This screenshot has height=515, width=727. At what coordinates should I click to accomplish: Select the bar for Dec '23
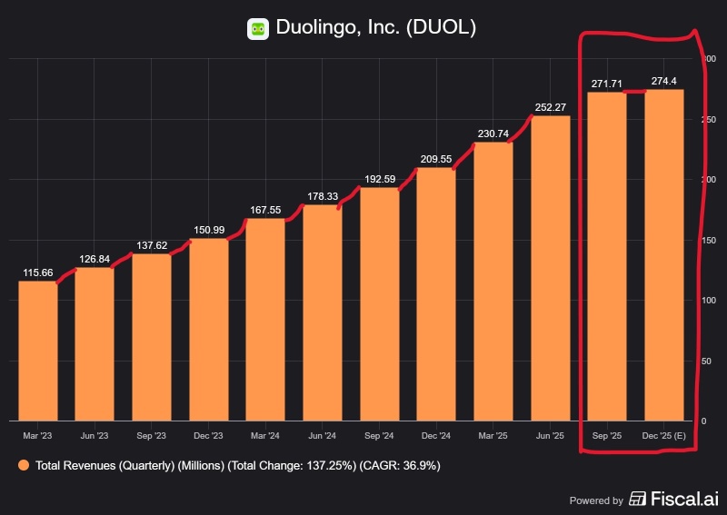click(208, 330)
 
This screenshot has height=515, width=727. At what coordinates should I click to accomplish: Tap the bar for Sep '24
click(379, 304)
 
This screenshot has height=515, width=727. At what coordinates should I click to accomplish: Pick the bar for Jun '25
click(550, 268)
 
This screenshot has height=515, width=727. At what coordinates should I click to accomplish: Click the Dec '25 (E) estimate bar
click(664, 255)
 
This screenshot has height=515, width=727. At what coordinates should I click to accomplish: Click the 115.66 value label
click(37, 272)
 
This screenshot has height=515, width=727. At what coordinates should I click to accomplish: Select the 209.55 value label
click(436, 159)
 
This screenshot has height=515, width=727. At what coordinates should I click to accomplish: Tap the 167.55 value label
click(265, 210)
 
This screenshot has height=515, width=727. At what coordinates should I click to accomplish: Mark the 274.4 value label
click(664, 81)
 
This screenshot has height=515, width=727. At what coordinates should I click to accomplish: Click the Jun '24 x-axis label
click(323, 437)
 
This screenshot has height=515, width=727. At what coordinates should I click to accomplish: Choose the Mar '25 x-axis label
click(493, 437)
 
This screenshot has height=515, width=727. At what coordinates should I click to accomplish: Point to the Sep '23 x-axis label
click(151, 437)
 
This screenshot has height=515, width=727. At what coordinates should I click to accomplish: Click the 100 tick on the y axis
click(708, 301)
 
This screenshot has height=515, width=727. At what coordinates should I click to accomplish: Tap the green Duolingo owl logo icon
click(258, 29)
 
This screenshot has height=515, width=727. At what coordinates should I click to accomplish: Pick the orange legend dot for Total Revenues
click(23, 465)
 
